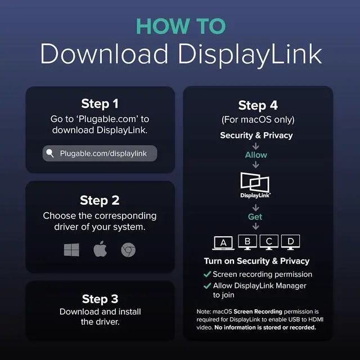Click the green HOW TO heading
tap(181, 26)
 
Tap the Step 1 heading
tap(100, 103)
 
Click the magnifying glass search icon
tap(50, 153)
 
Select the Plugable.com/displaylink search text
tap(103, 154)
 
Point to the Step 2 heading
tap(100, 200)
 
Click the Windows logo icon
tap(71, 250)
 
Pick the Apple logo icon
tap(100, 249)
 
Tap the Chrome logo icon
tap(128, 250)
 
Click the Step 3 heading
tap(100, 299)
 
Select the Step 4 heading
tap(258, 105)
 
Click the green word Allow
tap(256, 155)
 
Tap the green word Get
tap(255, 217)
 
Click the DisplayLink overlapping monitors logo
tap(255, 185)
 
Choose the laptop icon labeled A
tap(223, 242)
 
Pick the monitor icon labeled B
tap(247, 242)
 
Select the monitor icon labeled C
tap(269, 242)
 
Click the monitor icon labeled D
tap(290, 242)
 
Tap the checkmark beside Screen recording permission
tap(207, 274)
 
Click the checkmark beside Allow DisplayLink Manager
tap(207, 286)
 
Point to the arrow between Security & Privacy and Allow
tap(255, 146)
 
